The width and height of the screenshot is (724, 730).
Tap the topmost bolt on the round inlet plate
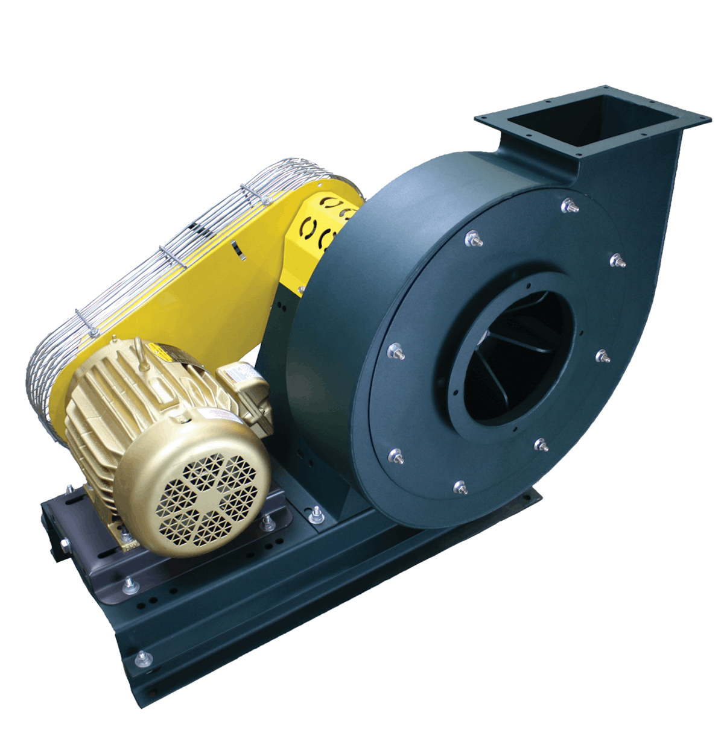(x=569, y=206)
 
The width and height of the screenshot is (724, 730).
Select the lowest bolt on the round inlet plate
(x=460, y=487)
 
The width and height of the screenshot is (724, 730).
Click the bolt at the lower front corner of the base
(x=143, y=658)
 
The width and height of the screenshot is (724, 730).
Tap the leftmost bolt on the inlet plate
(x=396, y=350)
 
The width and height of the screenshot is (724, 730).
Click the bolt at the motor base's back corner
(x=71, y=489)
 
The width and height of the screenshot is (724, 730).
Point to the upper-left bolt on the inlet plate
(x=471, y=239)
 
